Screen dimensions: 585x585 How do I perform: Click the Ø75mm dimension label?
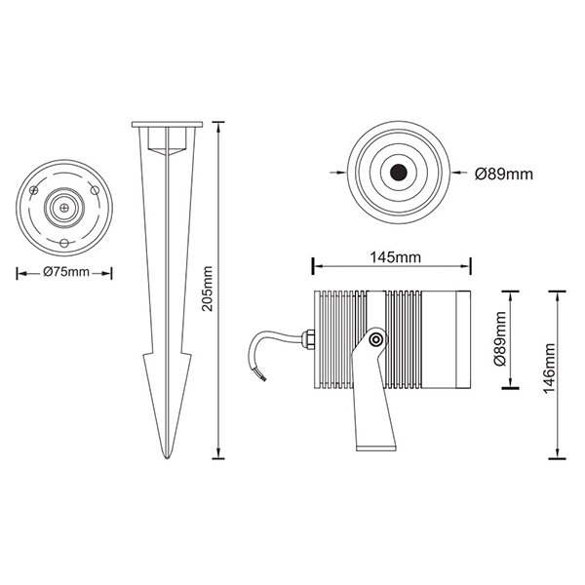66,272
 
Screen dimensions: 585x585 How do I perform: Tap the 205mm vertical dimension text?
207,289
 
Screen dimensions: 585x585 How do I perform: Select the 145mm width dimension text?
395,257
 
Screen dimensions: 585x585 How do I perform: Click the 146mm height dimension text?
549,369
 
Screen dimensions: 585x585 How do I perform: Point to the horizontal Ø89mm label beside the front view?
504,174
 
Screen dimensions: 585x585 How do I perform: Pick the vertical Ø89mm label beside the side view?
499,338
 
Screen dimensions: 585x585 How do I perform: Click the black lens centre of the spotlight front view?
399,173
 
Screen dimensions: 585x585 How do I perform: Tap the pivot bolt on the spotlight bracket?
375,339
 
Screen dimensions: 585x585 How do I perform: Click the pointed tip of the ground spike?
167,457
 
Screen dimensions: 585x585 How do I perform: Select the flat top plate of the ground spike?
167,124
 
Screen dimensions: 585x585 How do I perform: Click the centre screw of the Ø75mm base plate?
64,208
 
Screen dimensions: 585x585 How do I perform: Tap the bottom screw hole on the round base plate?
64,243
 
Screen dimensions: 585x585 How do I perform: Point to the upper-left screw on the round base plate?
34,190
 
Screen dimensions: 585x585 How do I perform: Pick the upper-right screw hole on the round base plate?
95,190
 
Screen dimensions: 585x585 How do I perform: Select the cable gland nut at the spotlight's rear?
309,338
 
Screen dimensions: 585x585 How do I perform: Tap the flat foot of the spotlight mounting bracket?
375,448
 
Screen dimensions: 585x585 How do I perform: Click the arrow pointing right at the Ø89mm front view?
337,173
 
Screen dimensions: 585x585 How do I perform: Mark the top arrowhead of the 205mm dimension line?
218,126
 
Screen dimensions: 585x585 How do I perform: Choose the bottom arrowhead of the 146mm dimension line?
557,453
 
